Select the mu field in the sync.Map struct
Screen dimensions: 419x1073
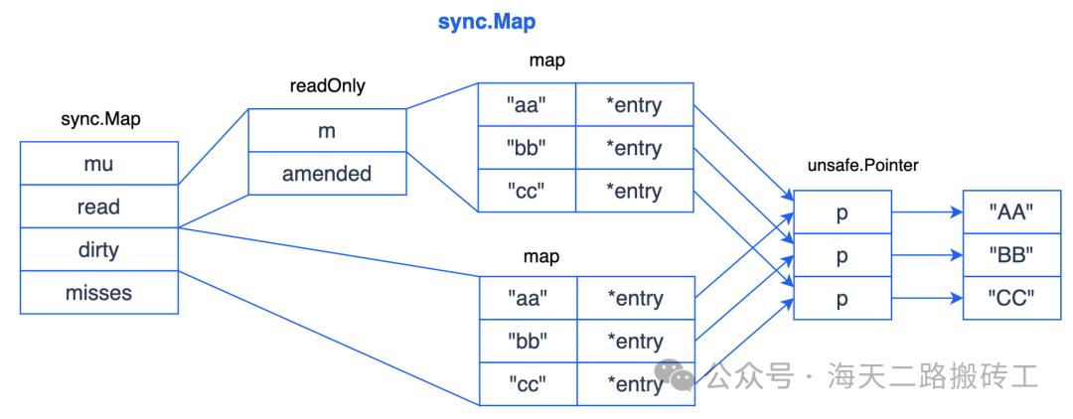click(x=98, y=165)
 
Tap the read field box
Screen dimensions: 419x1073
click(x=98, y=207)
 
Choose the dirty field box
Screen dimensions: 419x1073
click(x=98, y=249)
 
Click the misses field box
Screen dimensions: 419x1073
click(x=98, y=292)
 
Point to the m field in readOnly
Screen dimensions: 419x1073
click(x=327, y=131)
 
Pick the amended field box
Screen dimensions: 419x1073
click(x=327, y=174)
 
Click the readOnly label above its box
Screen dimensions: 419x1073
click(x=326, y=86)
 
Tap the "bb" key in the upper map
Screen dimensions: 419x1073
click(x=528, y=148)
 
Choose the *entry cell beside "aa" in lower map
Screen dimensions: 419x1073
click(x=634, y=299)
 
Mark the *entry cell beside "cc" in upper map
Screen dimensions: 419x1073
click(x=634, y=191)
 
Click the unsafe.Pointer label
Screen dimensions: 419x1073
click(x=861, y=167)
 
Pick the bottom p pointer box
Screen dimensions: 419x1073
click(x=843, y=297)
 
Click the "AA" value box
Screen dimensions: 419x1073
click(x=1012, y=211)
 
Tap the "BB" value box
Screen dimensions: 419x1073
click(x=1012, y=254)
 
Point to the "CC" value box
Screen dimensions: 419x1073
click(x=1012, y=297)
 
